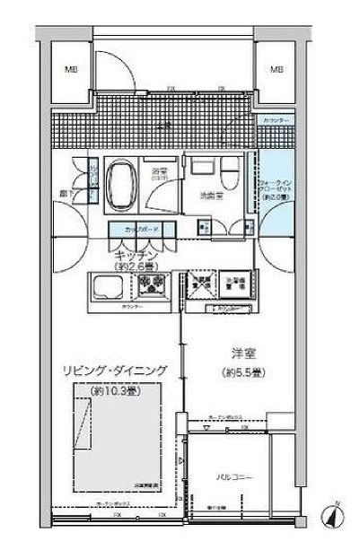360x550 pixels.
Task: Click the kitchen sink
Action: pos(110,288)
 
